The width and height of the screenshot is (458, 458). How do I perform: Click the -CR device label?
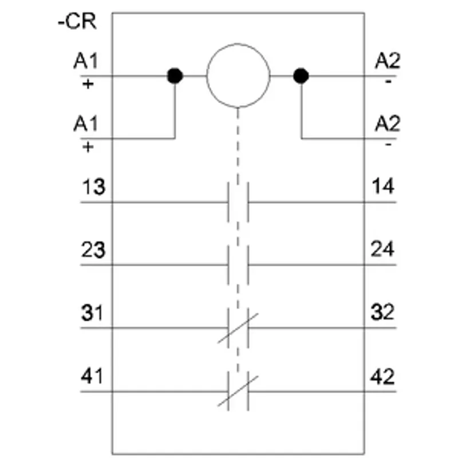coord(77,21)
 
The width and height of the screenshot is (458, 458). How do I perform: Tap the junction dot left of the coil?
coord(175,76)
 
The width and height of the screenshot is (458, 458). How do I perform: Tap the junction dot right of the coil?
coord(301,76)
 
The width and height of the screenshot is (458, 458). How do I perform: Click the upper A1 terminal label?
coord(85,61)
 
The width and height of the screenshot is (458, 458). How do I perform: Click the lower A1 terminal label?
coord(85,124)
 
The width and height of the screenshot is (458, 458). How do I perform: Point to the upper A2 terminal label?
coord(388,61)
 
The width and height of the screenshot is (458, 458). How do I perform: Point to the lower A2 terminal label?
coord(388,124)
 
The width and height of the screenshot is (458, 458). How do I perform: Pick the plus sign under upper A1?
coord(88,84)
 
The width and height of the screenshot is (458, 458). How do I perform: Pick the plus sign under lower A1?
coord(88,147)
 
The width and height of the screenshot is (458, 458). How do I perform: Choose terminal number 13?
coord(93,187)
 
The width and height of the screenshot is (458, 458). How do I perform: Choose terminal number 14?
coord(382,186)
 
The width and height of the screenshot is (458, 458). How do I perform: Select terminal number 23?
coord(93,250)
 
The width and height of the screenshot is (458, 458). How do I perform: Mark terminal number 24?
coord(382,249)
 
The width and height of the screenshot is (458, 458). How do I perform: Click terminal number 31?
coord(92,313)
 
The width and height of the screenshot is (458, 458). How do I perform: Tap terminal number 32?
coord(382,312)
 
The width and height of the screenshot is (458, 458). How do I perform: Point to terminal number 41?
coord(92,376)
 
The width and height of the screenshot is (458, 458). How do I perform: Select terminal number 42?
coord(382,377)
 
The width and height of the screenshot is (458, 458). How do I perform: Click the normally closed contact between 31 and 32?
coord(238,328)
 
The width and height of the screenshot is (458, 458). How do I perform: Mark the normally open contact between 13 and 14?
coord(238,202)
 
